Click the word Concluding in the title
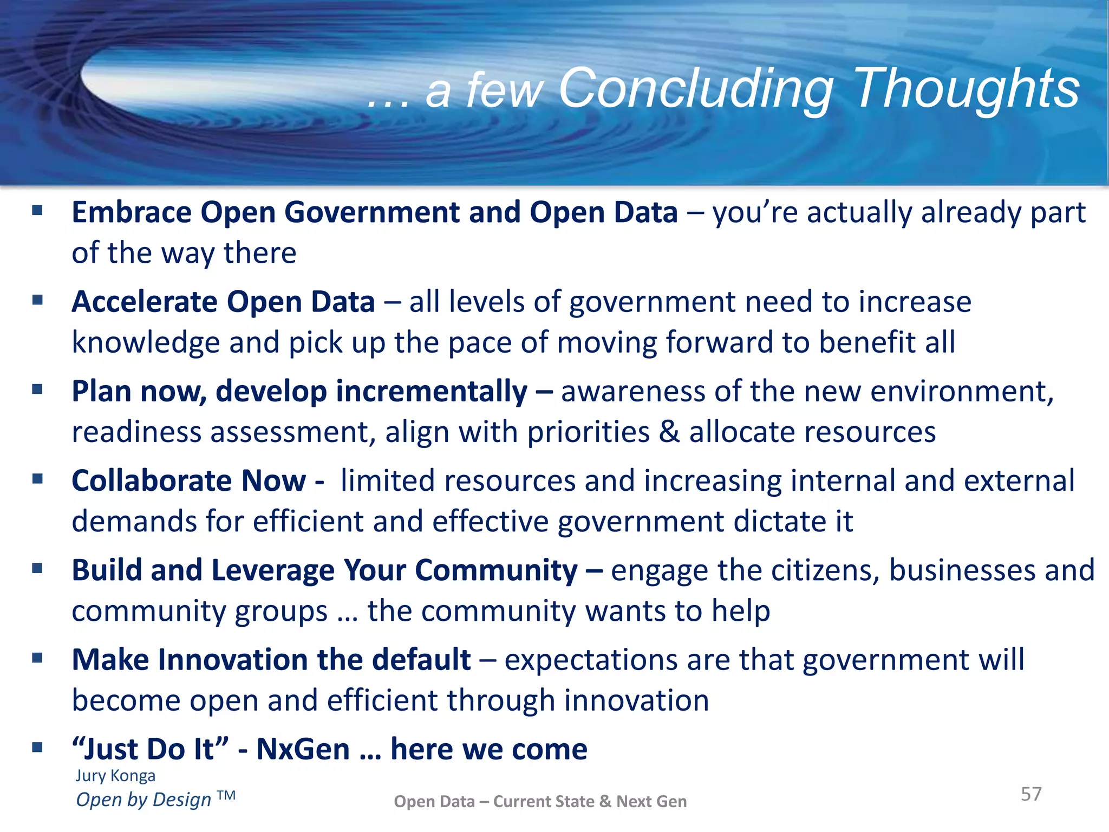pyautogui.click(x=696, y=88)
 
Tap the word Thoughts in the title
pyautogui.click(x=967, y=88)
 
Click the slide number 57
pyautogui.click(x=1031, y=794)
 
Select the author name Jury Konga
pyautogui.click(x=115, y=776)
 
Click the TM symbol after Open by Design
pyautogui.click(x=226, y=795)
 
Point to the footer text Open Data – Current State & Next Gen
pyautogui.click(x=540, y=801)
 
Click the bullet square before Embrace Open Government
pyautogui.click(x=37, y=211)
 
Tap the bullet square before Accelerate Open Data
pyautogui.click(x=37, y=300)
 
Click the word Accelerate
pyautogui.click(x=145, y=302)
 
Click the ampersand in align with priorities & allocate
pyautogui.click(x=669, y=432)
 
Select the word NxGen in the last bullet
pyautogui.click(x=303, y=749)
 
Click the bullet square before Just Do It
pyautogui.click(x=37, y=748)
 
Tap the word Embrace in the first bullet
pyautogui.click(x=132, y=212)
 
